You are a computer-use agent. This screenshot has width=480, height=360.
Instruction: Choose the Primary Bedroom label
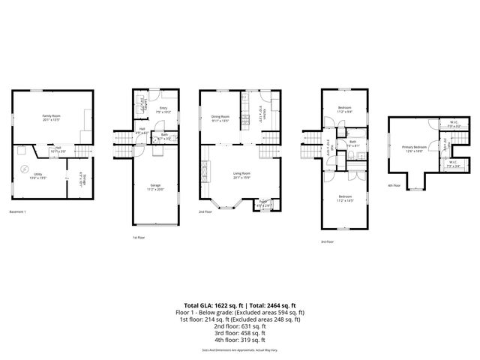tap(413, 148)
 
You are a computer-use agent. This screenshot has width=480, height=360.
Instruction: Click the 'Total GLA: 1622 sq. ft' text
tap(211, 306)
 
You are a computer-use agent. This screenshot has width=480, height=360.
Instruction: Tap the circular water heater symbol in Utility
tap(24, 168)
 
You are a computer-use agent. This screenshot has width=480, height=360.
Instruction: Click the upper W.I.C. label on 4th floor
tap(454, 125)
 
